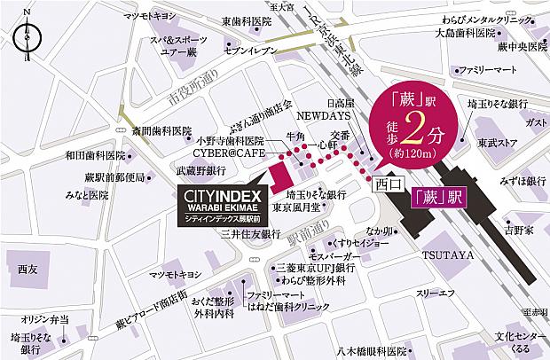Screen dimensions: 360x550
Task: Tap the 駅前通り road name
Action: (x=309, y=232)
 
